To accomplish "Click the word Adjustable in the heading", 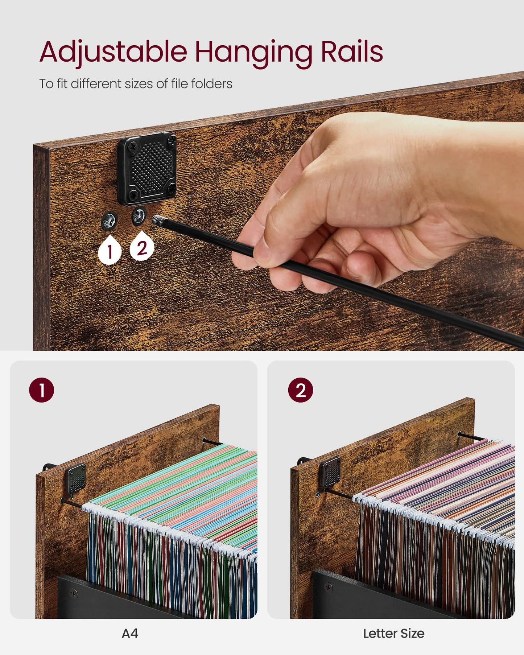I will pos(113,52).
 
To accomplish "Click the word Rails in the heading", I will pos(351,52).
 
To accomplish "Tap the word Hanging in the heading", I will pos(253,53).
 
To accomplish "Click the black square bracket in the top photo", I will pos(147,169).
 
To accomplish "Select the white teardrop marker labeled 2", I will pos(142,246).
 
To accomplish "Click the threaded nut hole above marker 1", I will pos(109,220).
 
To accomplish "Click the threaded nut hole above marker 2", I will pos(139,217).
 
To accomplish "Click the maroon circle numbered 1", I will pos(41,390).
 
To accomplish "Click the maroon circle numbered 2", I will pos(301,390).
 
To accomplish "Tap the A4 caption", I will pos(130,633).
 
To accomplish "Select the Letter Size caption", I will pos(393,633).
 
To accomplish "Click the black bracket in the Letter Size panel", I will pos(330,472).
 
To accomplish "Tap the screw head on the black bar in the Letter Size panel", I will pos(329,587).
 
